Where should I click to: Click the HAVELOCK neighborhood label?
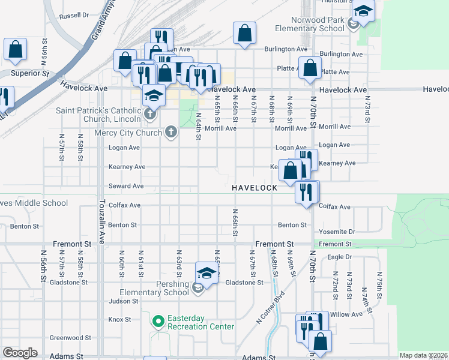255,188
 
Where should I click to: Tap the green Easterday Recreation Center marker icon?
158,322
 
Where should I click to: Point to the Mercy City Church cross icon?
171,132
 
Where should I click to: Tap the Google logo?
20,352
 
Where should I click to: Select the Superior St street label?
30,74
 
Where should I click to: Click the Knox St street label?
119,319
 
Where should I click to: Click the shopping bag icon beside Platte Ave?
309,68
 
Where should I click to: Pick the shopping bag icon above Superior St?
16,50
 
